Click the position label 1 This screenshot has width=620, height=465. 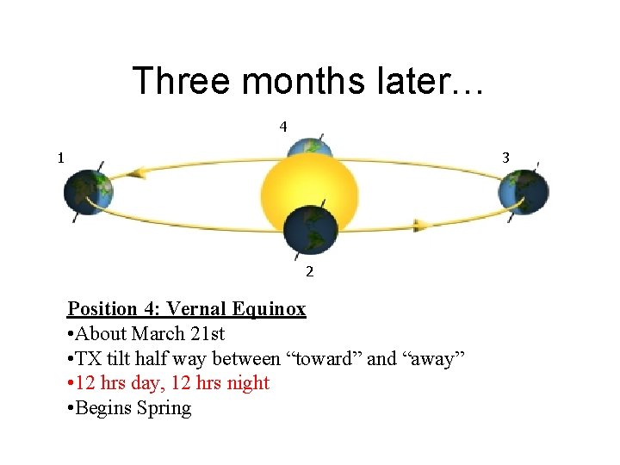tap(60, 158)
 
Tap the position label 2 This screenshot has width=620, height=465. tap(309, 272)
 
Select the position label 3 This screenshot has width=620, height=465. tap(506, 158)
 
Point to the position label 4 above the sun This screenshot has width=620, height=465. tap(282, 127)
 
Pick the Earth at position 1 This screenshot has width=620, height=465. tap(89, 193)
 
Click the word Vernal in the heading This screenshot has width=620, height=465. tap(197, 309)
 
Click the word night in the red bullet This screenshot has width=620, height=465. tap(247, 383)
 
